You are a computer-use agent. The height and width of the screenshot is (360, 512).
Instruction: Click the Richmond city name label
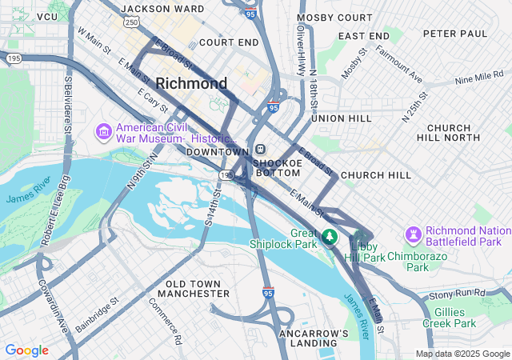coord(191,83)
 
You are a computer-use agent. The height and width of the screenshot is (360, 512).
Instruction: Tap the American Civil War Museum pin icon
coord(103,130)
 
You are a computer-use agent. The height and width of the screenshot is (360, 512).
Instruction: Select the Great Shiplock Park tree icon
coord(329,238)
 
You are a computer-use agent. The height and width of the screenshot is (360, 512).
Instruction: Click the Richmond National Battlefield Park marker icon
coord(414,235)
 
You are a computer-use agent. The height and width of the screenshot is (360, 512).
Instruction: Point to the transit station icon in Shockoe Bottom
coord(261,150)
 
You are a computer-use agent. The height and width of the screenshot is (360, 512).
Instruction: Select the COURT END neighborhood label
coord(229,42)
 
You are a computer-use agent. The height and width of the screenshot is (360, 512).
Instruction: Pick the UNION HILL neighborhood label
coord(342,118)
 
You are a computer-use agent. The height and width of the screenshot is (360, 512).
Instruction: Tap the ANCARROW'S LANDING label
coord(314,338)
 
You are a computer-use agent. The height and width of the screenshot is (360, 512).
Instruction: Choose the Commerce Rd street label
coord(166,321)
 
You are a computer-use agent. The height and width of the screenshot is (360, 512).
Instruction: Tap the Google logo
coord(26,350)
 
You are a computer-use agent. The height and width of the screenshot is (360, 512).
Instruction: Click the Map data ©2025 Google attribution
coord(462,354)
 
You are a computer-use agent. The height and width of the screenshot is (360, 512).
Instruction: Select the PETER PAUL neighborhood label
coord(455,34)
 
